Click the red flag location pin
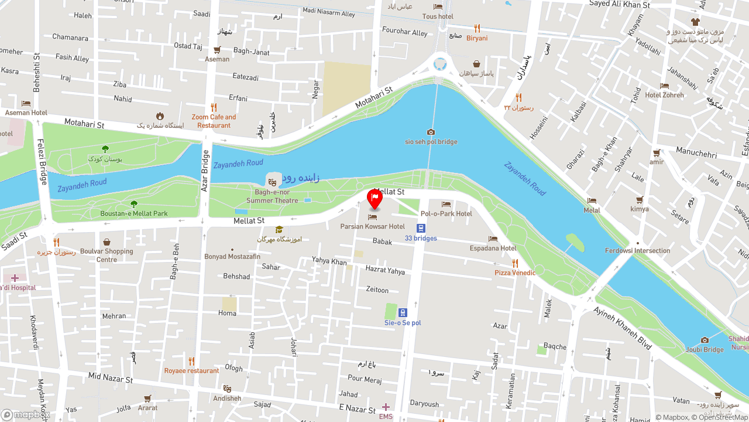[x=374, y=199]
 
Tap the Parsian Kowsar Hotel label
[x=372, y=226]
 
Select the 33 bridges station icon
[x=421, y=228]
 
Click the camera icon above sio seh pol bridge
[x=431, y=132]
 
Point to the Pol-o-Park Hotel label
[x=446, y=214]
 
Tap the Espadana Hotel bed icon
[x=493, y=239]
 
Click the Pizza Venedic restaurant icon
[x=515, y=263]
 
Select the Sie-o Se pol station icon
[x=403, y=312]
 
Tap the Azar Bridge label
[x=205, y=171]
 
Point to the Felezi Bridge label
[x=42, y=161]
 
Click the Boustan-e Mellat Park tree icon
[x=134, y=204]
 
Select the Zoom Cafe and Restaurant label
[x=214, y=121]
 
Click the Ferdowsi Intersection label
[x=637, y=251]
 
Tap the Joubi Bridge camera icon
[x=705, y=340]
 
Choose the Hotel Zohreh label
[x=664, y=95]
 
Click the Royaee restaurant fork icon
[x=191, y=361]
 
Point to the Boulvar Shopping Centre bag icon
[x=106, y=242]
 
